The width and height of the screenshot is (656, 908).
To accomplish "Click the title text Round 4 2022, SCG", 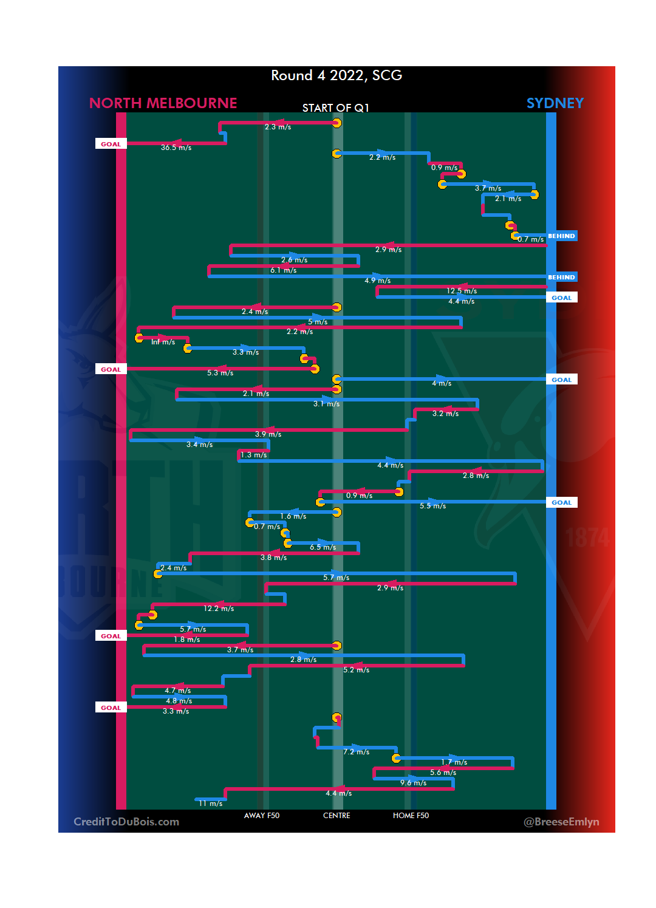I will coord(336,75).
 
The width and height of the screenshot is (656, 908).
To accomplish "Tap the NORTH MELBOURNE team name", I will coord(163,103).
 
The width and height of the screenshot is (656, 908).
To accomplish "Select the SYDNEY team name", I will coord(555,103).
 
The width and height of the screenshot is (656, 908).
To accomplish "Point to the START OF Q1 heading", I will coord(335,108).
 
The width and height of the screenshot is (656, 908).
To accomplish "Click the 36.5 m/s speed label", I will coord(176,148).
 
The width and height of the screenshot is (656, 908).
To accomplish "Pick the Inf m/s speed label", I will coord(163,342).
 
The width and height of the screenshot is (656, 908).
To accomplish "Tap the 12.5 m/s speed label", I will coord(462,291).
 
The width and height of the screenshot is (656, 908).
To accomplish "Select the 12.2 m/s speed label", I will coord(219,609).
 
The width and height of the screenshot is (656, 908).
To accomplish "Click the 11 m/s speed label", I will coord(210,804).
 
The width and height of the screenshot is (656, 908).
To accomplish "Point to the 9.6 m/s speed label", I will coord(413,783).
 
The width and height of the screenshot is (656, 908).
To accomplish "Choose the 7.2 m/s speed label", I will coord(356,752).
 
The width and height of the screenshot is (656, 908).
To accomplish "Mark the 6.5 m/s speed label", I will coord(323,547).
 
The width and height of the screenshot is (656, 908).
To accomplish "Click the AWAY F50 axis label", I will coord(262,816).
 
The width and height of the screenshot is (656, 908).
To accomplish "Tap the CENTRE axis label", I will coord(337,816).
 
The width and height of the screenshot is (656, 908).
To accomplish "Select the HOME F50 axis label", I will coord(411,816).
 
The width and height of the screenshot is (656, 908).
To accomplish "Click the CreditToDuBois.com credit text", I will coord(126,822).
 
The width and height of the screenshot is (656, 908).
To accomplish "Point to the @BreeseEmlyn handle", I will coord(561,822).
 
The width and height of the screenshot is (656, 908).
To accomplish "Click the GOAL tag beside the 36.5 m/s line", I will coord(111,144).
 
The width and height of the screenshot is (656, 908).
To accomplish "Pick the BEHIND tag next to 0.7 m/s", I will coord(561,236).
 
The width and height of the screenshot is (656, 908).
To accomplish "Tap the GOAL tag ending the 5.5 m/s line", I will coord(561,502).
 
